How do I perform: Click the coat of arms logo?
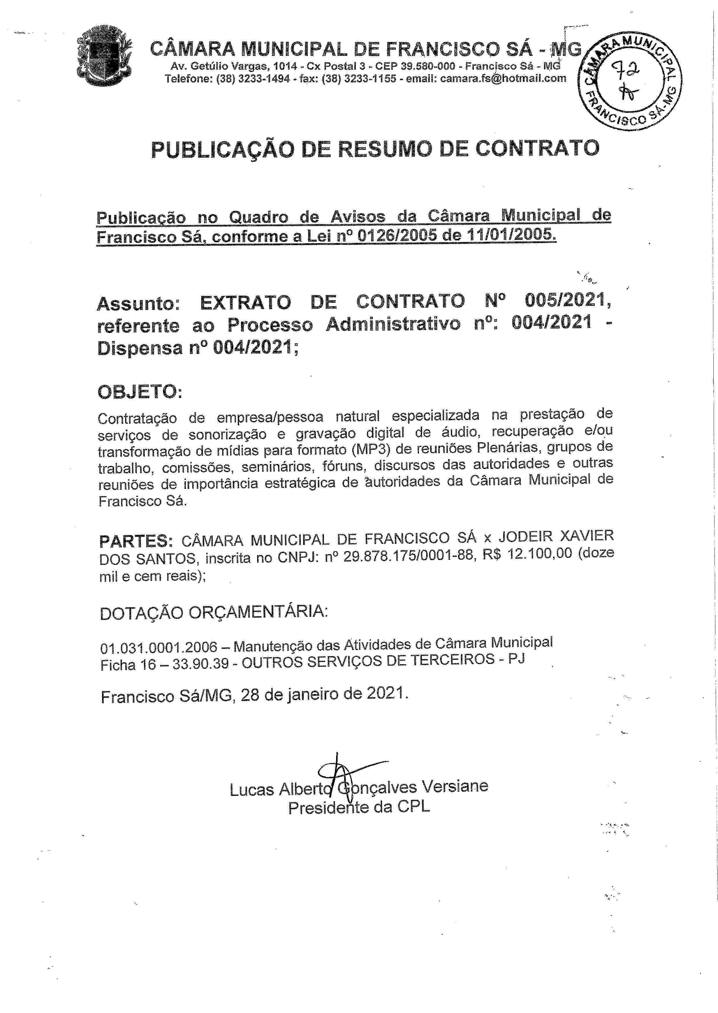(104, 56)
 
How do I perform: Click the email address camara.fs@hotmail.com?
(503, 79)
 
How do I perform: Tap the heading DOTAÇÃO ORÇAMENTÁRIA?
(214, 612)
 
